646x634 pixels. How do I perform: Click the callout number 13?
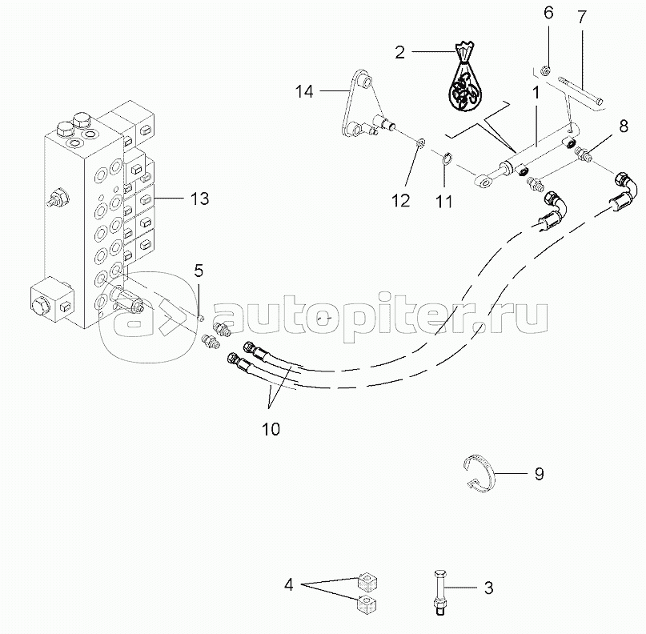coord(199,199)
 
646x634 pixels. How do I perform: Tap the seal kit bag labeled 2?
coord(465,83)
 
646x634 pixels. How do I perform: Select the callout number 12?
coord(399,199)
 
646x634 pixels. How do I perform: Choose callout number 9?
coord(539,474)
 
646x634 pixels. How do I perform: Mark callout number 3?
coord(487,588)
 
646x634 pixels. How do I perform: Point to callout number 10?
coord(270,429)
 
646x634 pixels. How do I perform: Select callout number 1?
coord(536,92)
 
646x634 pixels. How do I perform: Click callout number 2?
coord(399,53)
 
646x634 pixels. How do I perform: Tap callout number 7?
coord(582,16)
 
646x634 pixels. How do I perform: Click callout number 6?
coord(548,13)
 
